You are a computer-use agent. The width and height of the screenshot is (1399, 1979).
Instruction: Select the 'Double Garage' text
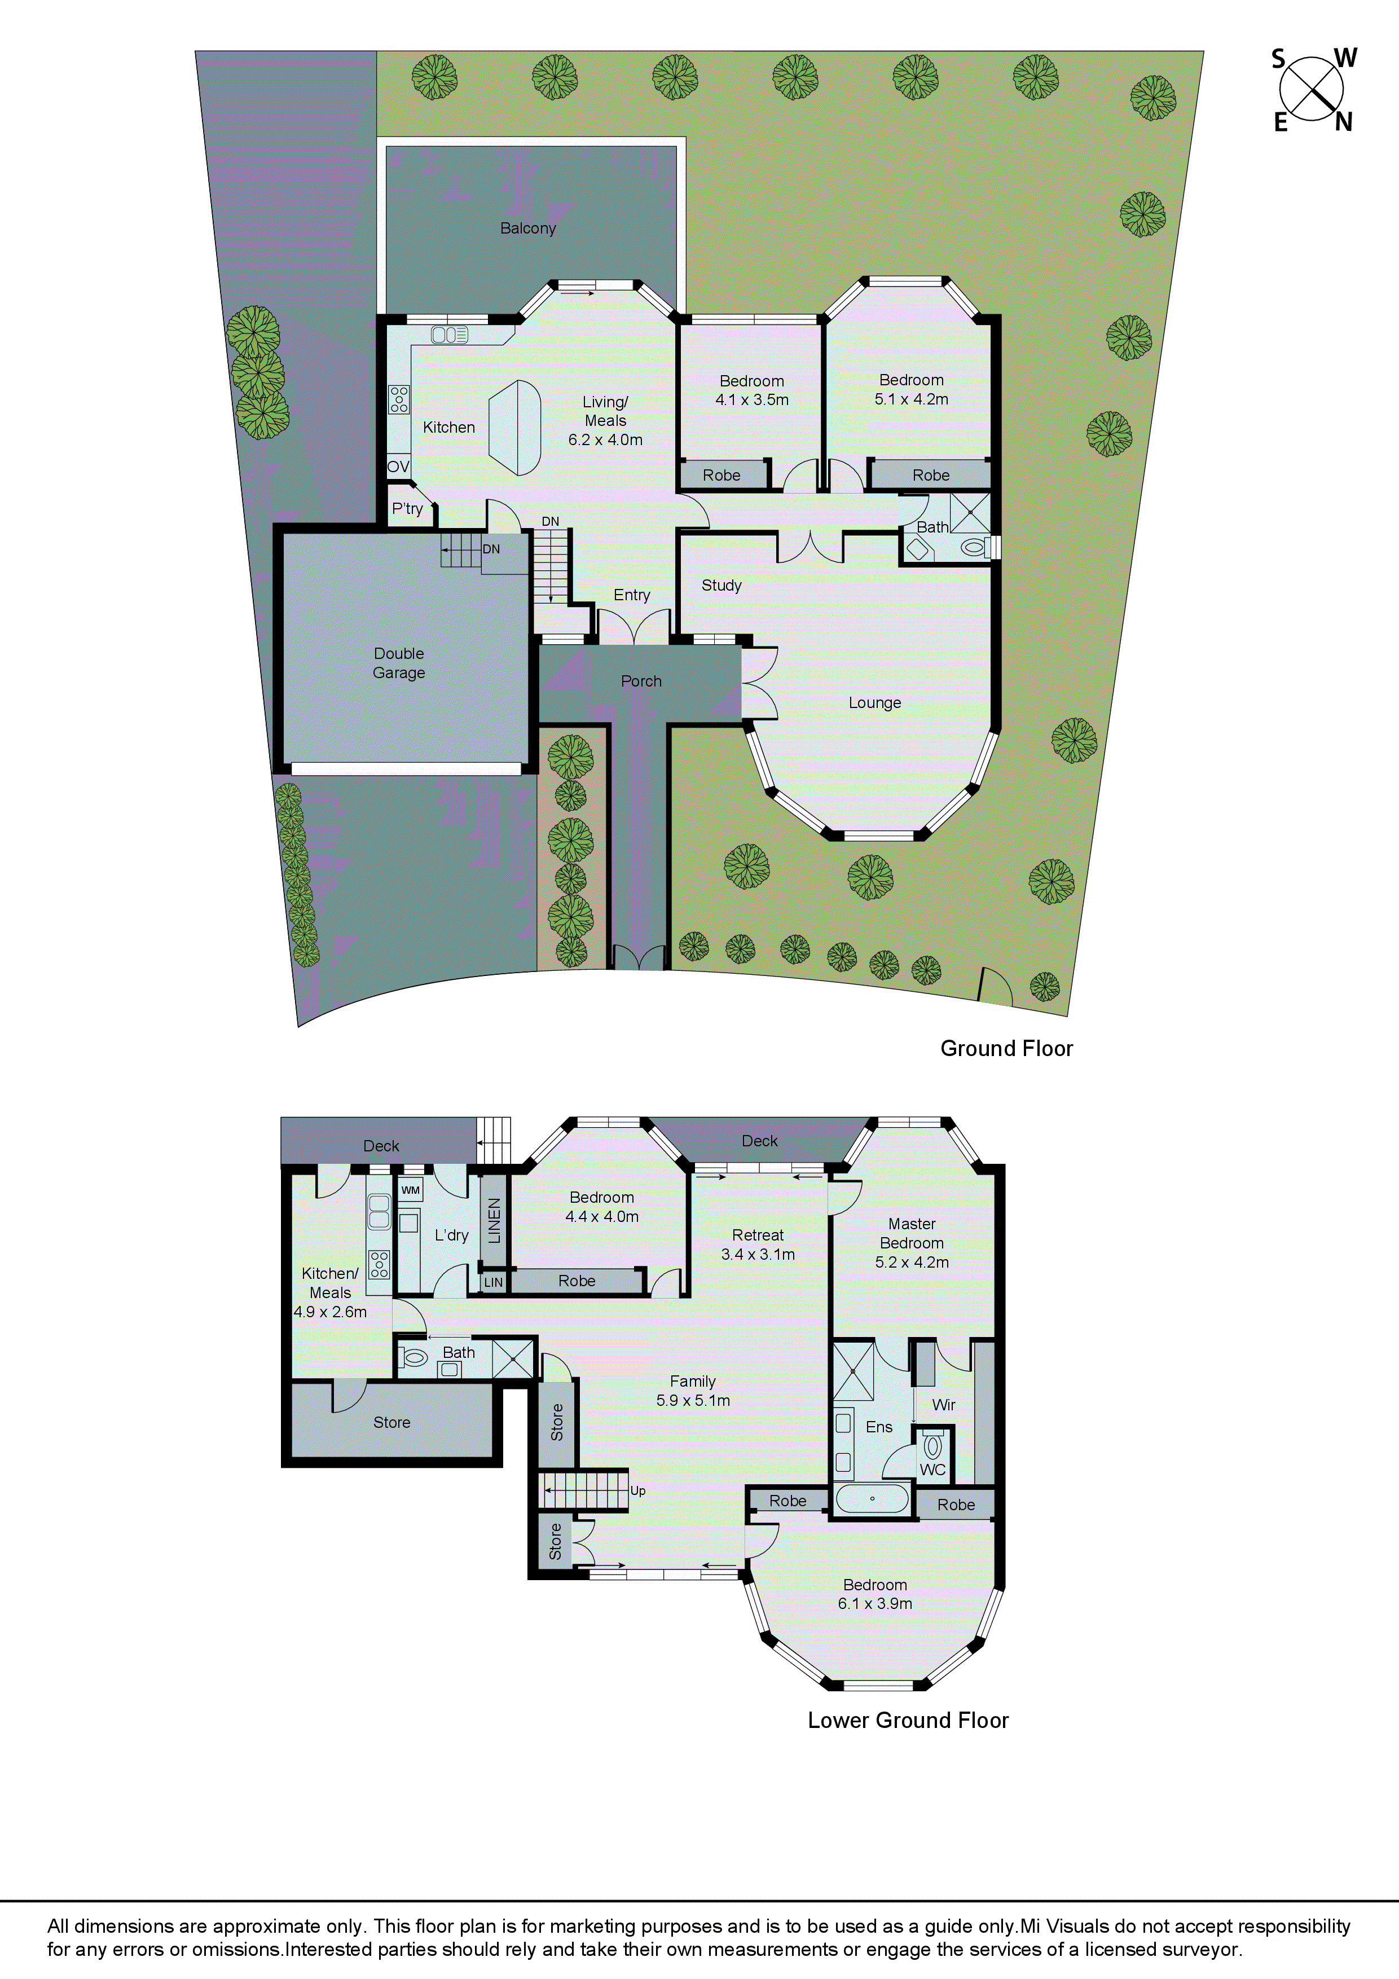(398, 663)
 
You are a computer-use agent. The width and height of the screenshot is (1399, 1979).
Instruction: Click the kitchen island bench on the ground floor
(514, 428)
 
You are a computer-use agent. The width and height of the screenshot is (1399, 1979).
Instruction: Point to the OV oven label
(397, 467)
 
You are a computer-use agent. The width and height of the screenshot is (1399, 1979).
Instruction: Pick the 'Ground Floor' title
(1006, 1048)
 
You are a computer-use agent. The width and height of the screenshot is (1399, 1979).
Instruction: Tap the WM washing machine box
(410, 1190)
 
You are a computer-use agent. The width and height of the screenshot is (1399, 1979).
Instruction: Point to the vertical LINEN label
(494, 1220)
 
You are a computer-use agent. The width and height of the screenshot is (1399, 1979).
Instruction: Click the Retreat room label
(758, 1235)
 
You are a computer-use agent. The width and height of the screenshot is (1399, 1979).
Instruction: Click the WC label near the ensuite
(932, 1470)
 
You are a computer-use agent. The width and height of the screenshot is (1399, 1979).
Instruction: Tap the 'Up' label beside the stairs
(638, 1490)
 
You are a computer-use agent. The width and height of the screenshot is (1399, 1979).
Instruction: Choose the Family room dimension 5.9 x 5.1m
(693, 1401)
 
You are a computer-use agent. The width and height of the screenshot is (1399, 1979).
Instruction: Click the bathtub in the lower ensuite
(872, 1498)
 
